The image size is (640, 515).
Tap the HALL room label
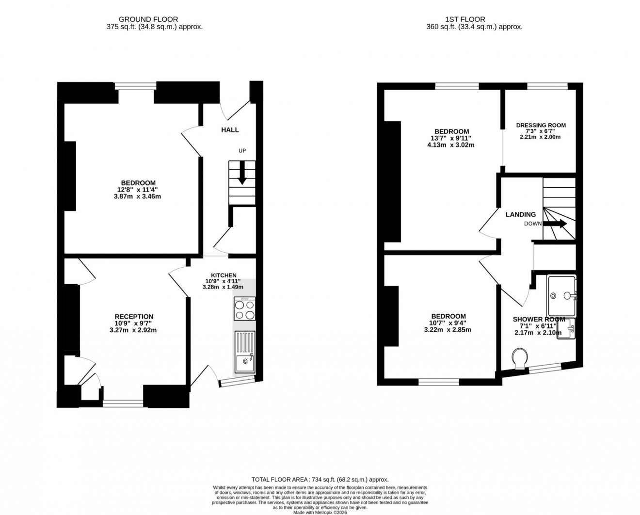tap(230, 130)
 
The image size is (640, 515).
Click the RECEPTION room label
tap(134, 317)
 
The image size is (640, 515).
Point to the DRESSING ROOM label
tap(541, 125)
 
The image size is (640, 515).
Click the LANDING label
tap(521, 214)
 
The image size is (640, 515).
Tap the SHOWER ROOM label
tap(539, 319)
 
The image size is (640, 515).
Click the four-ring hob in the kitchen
tap(245, 310)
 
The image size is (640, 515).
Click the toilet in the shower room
tap(520, 357)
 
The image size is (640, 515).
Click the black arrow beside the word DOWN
tap(555, 224)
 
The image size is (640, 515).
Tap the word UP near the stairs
tap(242, 151)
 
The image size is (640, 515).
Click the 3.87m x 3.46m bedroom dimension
tap(137, 196)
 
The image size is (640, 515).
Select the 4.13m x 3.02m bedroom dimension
tap(451, 145)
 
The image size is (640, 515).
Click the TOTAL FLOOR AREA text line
tap(320, 479)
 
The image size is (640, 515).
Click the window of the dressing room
tap(547, 86)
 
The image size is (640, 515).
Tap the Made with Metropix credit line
tap(320, 512)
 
